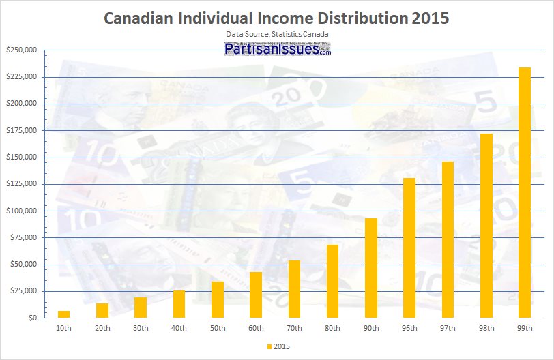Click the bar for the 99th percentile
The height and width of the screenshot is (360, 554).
[525, 193]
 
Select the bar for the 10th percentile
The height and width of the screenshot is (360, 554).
[63, 314]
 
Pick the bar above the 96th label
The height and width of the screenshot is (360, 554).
[409, 248]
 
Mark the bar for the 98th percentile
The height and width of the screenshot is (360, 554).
[486, 226]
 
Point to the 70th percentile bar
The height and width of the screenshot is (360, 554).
[294, 289]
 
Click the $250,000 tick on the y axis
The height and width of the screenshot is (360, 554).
[21, 50]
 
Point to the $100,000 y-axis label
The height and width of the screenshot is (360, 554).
[21, 211]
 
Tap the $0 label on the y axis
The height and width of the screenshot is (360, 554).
[32, 318]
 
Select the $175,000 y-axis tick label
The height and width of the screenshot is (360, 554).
[21, 130]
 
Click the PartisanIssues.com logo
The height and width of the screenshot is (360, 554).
[277, 49]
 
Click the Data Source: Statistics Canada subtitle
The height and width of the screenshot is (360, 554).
[277, 33]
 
